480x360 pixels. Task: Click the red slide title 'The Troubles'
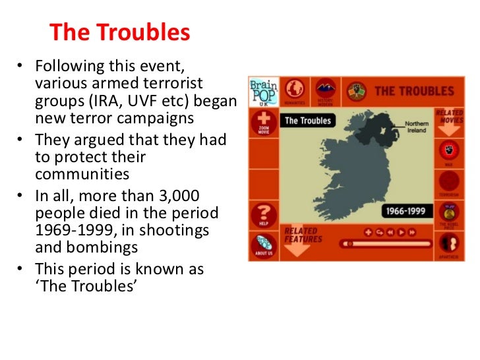[120, 32]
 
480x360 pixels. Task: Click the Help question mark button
[263, 214]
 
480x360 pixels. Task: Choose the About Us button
[263, 245]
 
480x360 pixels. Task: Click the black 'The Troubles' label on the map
[307, 121]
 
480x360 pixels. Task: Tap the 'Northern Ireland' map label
[416, 127]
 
